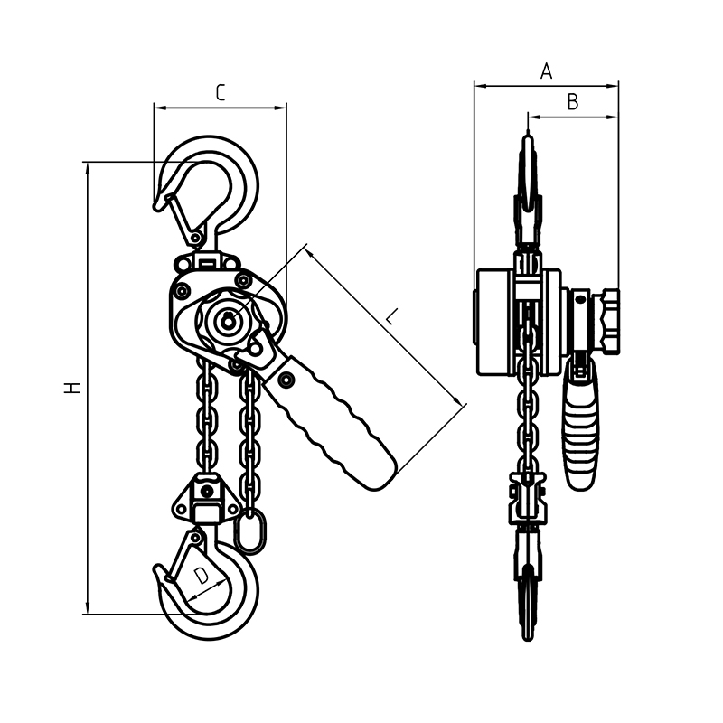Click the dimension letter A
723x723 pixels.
(546, 71)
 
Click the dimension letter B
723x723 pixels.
(572, 102)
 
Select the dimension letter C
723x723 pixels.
(221, 93)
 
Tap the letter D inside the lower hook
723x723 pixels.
(201, 576)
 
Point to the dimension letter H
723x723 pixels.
(72, 388)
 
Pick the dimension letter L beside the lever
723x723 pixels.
(391, 317)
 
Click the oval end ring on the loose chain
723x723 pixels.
(250, 531)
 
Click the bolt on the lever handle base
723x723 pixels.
(286, 379)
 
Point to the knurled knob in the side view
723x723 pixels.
(608, 322)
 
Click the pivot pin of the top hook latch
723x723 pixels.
(196, 238)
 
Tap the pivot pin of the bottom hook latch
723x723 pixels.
(196, 537)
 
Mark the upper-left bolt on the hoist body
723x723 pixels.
(179, 290)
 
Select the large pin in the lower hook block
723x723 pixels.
(207, 492)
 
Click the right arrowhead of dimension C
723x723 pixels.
(281, 108)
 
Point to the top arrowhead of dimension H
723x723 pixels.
(88, 168)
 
